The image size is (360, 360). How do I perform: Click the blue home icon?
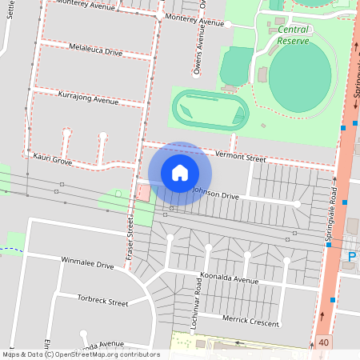pyautogui.click(x=180, y=173)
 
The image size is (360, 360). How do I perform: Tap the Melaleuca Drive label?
pyautogui.click(x=96, y=51)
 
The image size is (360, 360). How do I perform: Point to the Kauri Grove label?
pyautogui.click(x=53, y=160)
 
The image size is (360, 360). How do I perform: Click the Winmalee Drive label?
pyautogui.click(x=88, y=262)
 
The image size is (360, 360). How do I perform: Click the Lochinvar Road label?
pyautogui.click(x=197, y=302)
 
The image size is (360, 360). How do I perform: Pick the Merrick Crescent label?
pyautogui.click(x=251, y=322)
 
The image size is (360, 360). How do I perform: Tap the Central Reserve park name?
pyautogui.click(x=293, y=34)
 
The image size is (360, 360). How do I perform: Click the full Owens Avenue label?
pyautogui.click(x=197, y=48)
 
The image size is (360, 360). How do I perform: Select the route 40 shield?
pyautogui.click(x=324, y=342)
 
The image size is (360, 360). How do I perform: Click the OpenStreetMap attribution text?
pyautogui.click(x=81, y=354)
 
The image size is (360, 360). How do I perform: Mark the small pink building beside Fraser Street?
pyautogui.click(x=143, y=192)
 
